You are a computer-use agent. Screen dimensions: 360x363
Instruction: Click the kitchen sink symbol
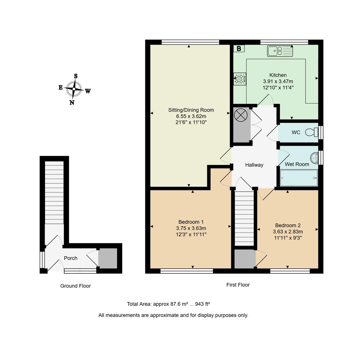click(x=280, y=51)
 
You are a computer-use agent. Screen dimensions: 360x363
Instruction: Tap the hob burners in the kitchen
click(x=240, y=79)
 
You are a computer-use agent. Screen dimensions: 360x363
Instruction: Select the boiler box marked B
click(x=239, y=49)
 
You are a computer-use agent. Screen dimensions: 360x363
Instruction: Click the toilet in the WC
click(x=312, y=132)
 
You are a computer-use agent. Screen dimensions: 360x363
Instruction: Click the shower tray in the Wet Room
click(x=299, y=178)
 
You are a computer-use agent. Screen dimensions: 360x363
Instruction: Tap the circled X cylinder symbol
click(x=241, y=115)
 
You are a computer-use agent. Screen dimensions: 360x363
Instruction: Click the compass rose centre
click(x=74, y=89)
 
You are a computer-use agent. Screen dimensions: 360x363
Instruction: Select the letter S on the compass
click(x=76, y=76)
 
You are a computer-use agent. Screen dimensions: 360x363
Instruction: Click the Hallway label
click(x=254, y=165)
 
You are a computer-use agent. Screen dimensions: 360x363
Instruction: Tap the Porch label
click(x=70, y=258)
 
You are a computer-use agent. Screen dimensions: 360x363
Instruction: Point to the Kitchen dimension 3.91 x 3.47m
click(x=278, y=81)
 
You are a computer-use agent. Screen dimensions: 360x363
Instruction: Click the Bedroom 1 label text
click(x=191, y=222)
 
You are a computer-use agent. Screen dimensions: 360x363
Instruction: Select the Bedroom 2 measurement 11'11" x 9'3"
click(x=288, y=238)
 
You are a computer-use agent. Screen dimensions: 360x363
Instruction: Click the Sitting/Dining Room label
click(x=191, y=110)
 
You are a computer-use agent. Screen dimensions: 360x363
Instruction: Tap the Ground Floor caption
click(x=75, y=286)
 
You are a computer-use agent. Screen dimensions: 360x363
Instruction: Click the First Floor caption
click(x=238, y=285)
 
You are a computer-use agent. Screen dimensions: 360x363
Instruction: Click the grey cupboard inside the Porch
click(x=108, y=258)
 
